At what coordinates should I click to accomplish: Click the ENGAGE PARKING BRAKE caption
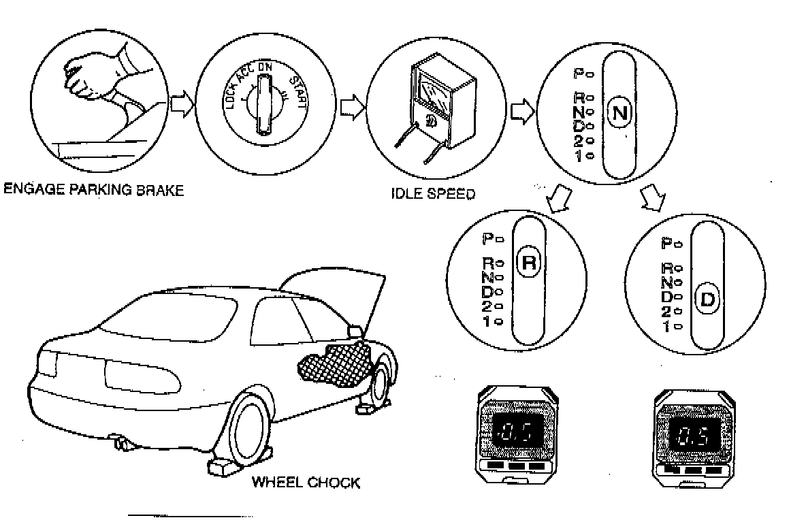pyautogui.click(x=93, y=190)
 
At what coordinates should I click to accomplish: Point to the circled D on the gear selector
pyautogui.click(x=707, y=300)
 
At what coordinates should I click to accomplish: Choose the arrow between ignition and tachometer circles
pyautogui.click(x=351, y=108)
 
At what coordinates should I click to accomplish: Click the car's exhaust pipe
pyautogui.click(x=125, y=444)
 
